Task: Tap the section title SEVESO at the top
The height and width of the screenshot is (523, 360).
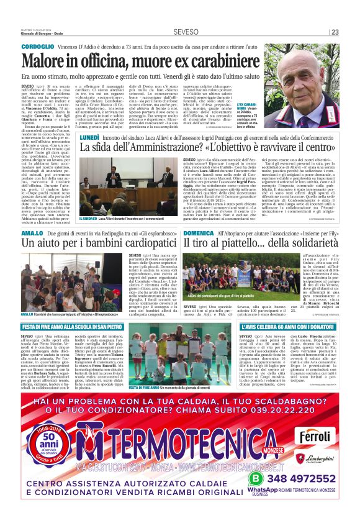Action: pyautogui.click(x=186, y=31)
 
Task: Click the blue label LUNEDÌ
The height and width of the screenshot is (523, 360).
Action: pyautogui.click(x=90, y=135)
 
